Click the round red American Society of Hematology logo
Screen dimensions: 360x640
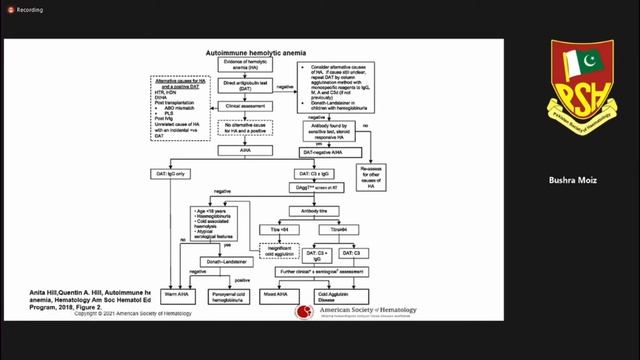[x=304, y=312]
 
